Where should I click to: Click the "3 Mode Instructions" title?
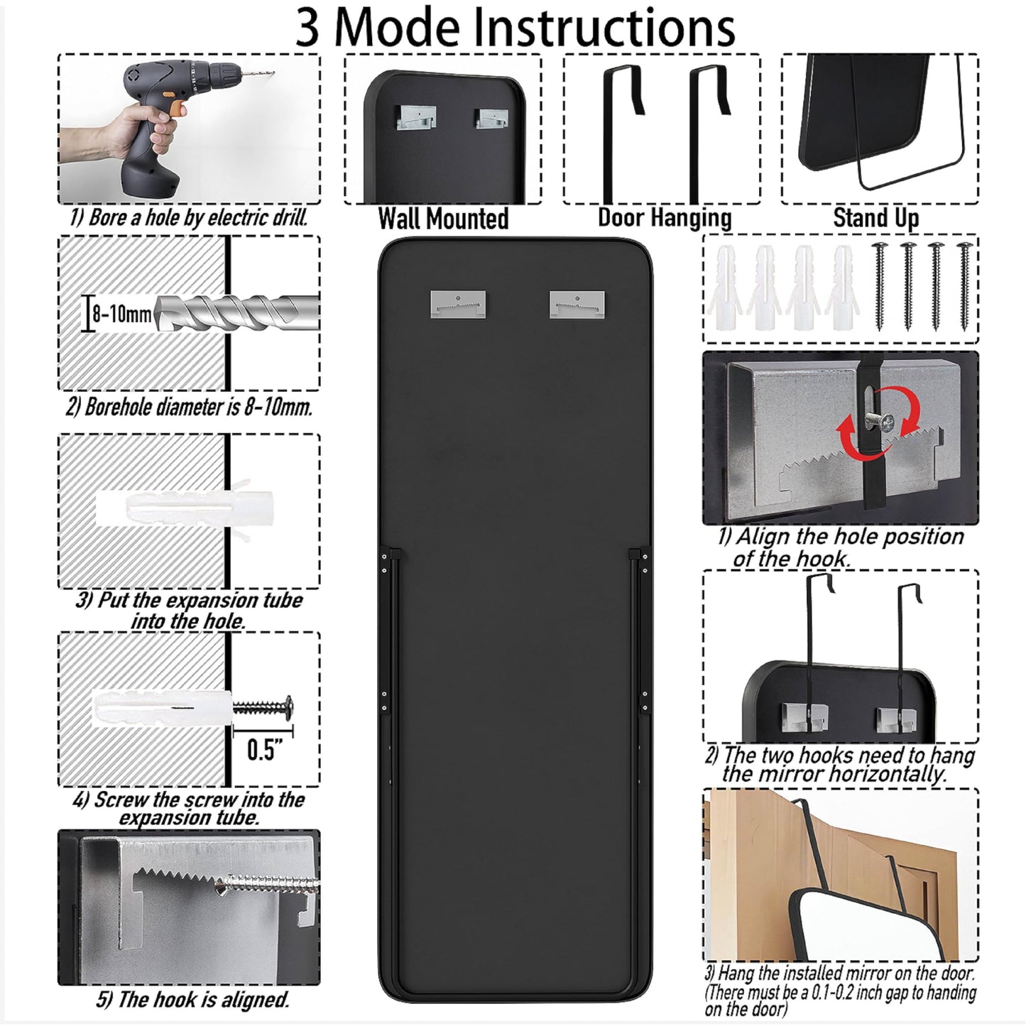tap(515, 27)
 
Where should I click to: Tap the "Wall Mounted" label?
tap(443, 219)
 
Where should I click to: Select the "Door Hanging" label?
tap(665, 217)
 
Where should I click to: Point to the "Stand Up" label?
tap(875, 217)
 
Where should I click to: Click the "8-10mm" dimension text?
tap(121, 314)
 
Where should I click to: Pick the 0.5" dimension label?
tap(265, 750)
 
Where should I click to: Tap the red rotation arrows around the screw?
tap(880, 423)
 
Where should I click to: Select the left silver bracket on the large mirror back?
tap(458, 304)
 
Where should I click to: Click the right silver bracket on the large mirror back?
tap(577, 304)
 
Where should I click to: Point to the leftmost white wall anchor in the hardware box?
tap(725, 288)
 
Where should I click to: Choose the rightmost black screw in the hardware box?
tap(964, 285)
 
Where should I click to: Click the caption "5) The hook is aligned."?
tap(193, 1000)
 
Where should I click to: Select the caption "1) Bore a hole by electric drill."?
tap(189, 218)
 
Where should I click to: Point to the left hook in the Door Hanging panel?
tap(619, 128)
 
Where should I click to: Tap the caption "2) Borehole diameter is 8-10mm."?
tap(189, 407)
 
